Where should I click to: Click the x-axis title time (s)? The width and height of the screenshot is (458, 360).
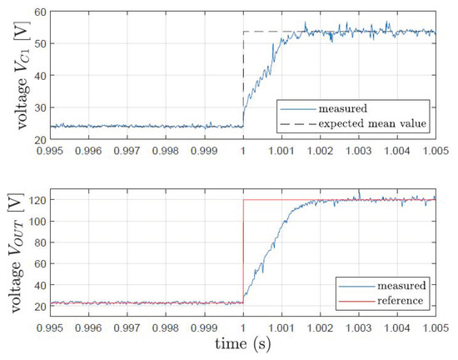[x=241, y=343]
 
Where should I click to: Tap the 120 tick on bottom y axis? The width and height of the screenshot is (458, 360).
[x=36, y=201]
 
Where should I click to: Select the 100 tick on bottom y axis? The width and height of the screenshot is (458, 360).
[x=36, y=222]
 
